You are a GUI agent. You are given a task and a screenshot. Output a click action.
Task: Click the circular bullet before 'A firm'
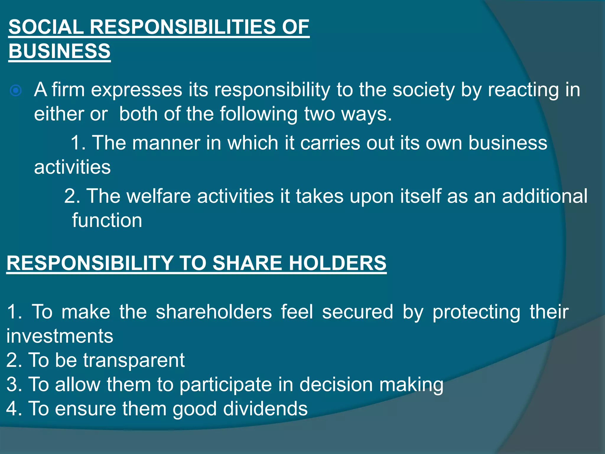tap(16, 90)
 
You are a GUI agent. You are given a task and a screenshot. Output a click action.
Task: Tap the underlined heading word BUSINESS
tap(59, 51)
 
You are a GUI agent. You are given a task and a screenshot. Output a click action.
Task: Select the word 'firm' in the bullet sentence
tap(68, 90)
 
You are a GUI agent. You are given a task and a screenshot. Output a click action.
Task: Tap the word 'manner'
tap(165, 143)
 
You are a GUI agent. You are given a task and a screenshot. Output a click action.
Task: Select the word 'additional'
tap(545, 196)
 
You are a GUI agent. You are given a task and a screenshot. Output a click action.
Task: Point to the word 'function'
tap(107, 220)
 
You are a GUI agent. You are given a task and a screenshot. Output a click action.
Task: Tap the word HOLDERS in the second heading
tap(337, 263)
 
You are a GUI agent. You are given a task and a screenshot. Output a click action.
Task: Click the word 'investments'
tap(60, 336)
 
